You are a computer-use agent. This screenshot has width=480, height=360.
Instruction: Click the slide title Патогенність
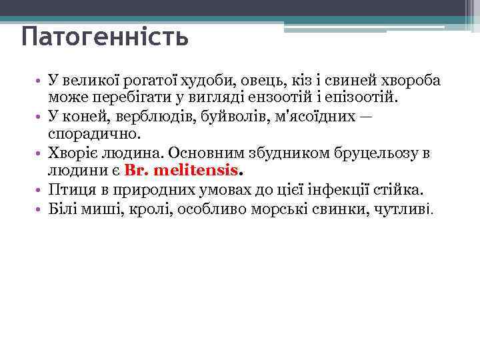(x=105, y=37)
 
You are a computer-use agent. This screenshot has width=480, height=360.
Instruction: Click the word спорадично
(x=91, y=135)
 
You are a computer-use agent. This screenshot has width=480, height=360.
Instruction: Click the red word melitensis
(x=195, y=171)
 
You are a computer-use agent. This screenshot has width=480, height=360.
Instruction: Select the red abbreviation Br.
(x=135, y=171)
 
